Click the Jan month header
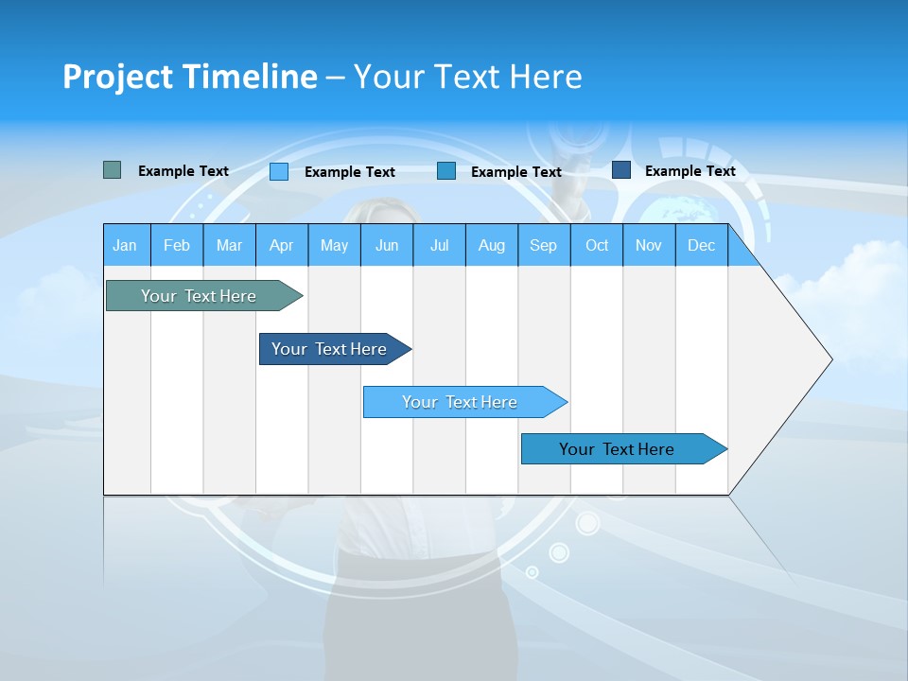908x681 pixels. [x=125, y=245]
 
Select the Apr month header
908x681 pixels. [x=281, y=245]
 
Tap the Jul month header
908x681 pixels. [x=439, y=245]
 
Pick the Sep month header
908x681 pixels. [x=543, y=245]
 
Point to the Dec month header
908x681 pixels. [x=701, y=245]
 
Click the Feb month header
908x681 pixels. [x=177, y=245]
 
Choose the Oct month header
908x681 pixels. [x=597, y=245]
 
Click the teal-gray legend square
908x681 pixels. [x=112, y=170]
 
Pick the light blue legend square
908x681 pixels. [x=279, y=171]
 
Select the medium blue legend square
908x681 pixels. [x=446, y=171]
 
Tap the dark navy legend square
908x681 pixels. [x=621, y=170]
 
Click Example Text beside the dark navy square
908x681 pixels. [x=690, y=171]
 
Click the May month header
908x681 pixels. [x=334, y=245]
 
